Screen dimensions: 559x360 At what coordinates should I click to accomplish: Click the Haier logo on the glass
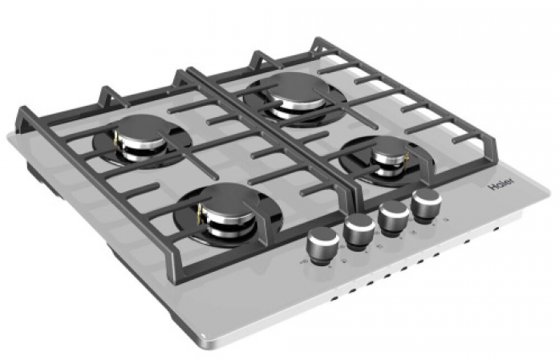[x=500, y=184]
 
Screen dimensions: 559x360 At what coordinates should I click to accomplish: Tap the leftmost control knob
[x=322, y=246]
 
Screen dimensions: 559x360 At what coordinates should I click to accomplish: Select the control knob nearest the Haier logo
[x=426, y=206]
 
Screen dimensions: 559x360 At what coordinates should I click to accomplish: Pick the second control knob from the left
[x=358, y=232]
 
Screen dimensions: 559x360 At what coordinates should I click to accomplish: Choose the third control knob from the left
[x=394, y=218]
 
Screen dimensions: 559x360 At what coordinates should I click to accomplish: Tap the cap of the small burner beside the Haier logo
[x=389, y=147]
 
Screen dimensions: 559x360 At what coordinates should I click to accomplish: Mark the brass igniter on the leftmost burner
[x=116, y=141]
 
